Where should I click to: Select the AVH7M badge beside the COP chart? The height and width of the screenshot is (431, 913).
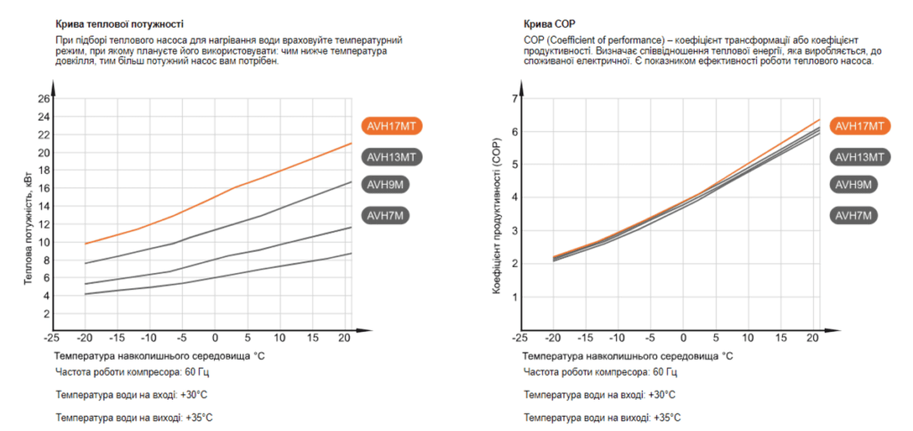pyautogui.click(x=854, y=216)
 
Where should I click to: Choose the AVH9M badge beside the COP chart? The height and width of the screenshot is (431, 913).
pyautogui.click(x=854, y=185)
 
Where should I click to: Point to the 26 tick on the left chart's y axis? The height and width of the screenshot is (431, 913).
pyautogui.click(x=44, y=99)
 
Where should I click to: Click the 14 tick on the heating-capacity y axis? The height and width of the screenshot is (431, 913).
pyautogui.click(x=44, y=206)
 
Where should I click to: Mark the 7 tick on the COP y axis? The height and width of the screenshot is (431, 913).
pyautogui.click(x=515, y=99)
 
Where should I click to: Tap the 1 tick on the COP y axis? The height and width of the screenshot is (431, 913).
pyautogui.click(x=515, y=297)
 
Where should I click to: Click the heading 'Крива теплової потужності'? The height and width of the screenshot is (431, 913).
pyautogui.click(x=119, y=24)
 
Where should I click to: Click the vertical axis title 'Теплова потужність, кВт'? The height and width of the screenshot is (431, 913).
pyautogui.click(x=29, y=232)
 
